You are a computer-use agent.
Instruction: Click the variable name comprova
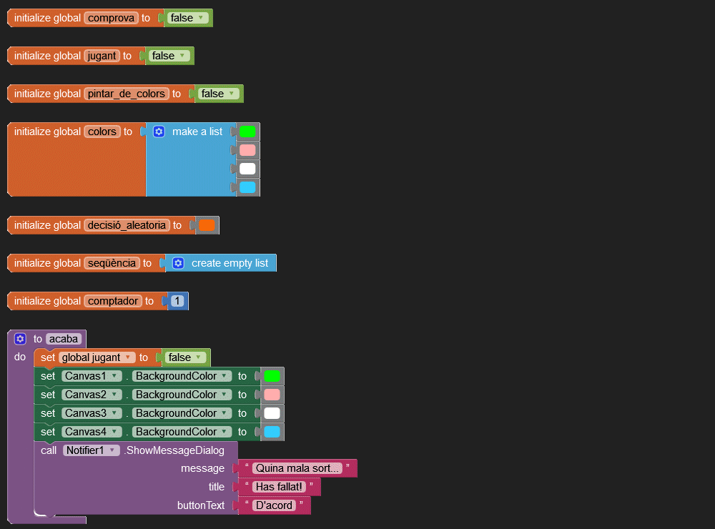click(111, 18)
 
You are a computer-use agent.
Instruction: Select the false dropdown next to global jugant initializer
click(169, 56)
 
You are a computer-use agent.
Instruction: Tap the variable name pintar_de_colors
click(126, 94)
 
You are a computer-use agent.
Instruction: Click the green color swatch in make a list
click(247, 132)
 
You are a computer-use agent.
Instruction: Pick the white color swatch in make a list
click(247, 169)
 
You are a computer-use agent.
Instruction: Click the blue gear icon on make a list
click(159, 132)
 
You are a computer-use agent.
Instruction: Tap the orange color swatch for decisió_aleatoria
click(207, 225)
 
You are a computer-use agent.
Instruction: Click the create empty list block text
click(230, 263)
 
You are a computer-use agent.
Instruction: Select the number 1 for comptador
click(177, 301)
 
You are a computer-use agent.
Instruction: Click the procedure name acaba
click(63, 339)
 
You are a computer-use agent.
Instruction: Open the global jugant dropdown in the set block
click(97, 357)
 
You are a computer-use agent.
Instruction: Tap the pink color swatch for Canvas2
click(272, 395)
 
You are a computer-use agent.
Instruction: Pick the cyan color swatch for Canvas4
click(272, 432)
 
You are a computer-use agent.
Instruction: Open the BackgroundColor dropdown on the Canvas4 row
click(182, 432)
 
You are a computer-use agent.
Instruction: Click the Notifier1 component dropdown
click(92, 450)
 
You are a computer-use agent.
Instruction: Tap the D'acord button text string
click(275, 505)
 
